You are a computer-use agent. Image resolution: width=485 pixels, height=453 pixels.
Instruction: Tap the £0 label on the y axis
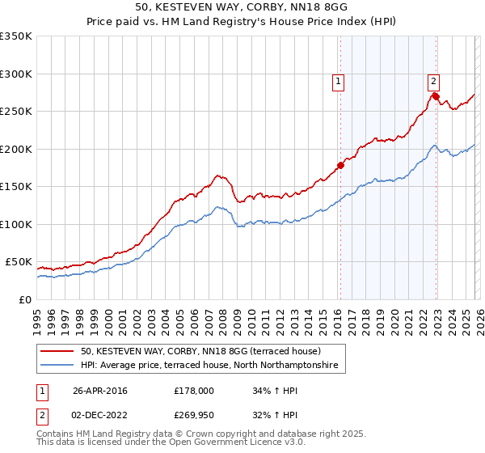coord(24,299)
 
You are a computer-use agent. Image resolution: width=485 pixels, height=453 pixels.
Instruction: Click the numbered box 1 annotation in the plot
coord(337,81)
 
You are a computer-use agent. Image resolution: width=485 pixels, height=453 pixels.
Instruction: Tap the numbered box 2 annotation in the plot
coord(433,81)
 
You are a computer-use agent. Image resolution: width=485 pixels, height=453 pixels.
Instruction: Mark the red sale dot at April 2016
coord(340,166)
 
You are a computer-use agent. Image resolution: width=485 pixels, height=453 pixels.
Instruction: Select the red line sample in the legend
coord(57,351)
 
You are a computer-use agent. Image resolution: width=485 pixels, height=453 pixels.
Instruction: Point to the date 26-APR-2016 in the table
coord(100,391)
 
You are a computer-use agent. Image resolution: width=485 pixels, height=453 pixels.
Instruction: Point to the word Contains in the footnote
coord(56,435)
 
